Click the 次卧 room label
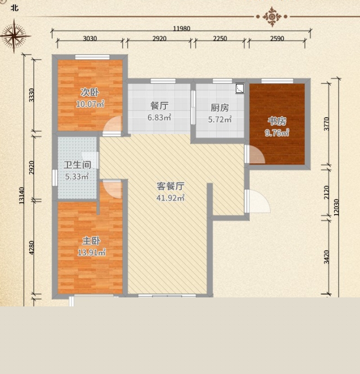tap(89, 92)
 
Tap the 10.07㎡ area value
tap(90, 104)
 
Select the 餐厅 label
tap(159, 106)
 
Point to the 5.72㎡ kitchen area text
tap(220, 119)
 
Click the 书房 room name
tap(277, 121)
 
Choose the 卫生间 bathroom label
tap(78, 165)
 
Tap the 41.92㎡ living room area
tap(170, 198)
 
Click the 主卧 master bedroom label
tap(91, 241)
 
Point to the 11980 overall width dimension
tap(182, 29)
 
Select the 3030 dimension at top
tap(90, 38)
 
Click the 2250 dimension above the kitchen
tap(220, 38)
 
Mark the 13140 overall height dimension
tap(22, 195)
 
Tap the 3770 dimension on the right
tap(327, 124)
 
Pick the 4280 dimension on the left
tap(31, 248)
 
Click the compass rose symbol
tap(15, 36)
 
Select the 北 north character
tap(15, 8)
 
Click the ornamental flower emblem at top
tap(272, 17)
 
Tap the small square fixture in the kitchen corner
tap(240, 88)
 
